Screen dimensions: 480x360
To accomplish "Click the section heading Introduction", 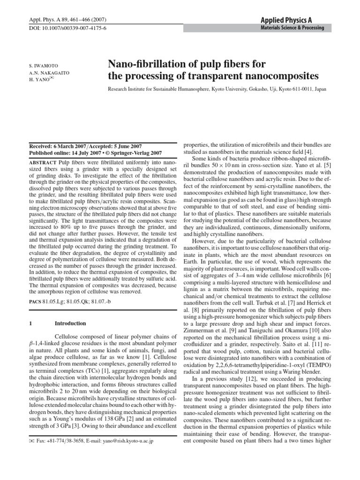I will point(70,323).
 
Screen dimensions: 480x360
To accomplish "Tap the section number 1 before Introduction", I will point(30,323).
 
